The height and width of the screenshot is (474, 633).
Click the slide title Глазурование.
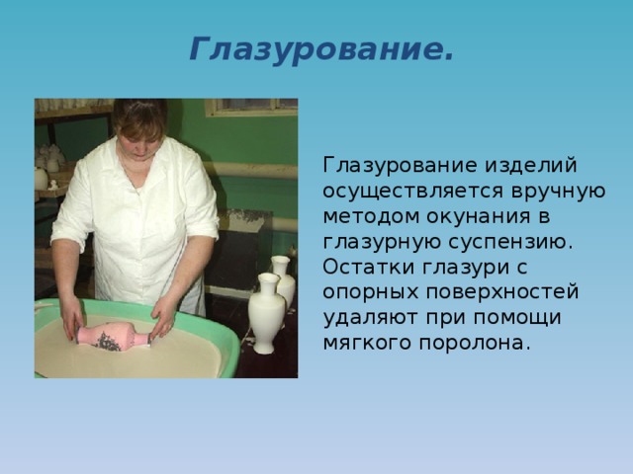point(321,49)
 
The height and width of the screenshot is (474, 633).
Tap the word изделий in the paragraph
point(530,165)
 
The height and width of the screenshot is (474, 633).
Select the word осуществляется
point(413,191)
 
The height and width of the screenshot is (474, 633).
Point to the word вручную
point(558,192)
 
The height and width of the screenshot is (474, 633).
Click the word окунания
point(478,217)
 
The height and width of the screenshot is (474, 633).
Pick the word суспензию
point(510,242)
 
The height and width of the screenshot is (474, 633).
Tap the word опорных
point(370,293)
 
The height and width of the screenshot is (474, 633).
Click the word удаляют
point(370,318)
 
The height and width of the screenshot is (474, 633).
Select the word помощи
point(517,318)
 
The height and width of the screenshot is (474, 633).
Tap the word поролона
point(474,344)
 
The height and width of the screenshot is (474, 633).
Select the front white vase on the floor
point(266,313)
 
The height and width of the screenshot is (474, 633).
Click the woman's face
point(139,140)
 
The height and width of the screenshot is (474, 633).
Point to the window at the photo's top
point(251,107)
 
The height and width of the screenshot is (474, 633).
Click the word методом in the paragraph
point(370,217)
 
